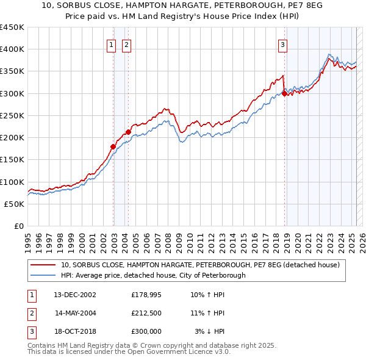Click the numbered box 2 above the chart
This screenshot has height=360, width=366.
[126, 44]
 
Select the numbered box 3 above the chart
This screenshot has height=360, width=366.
[283, 44]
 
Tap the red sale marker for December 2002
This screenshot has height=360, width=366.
[113, 146]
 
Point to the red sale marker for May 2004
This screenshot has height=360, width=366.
[129, 132]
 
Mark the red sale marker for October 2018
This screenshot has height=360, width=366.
[284, 93]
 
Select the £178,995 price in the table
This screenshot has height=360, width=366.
[146, 295]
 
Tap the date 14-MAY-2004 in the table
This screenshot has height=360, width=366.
[76, 313]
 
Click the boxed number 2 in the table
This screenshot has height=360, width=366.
[31, 313]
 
